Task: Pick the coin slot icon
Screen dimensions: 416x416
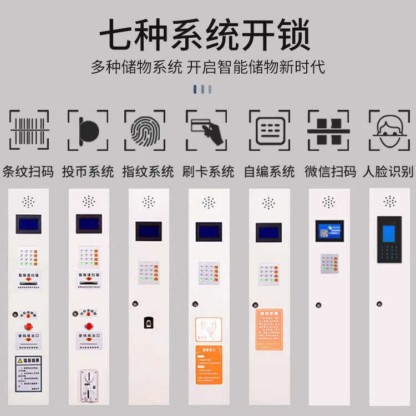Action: (88, 130)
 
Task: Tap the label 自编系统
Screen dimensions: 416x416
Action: (269, 171)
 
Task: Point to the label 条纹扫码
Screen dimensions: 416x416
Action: (28, 171)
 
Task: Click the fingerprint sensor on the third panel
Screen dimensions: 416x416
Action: (149, 323)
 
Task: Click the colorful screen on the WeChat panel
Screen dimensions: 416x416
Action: (329, 231)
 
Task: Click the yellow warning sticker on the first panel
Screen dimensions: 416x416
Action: (28, 373)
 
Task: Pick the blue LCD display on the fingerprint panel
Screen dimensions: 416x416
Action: (149, 231)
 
